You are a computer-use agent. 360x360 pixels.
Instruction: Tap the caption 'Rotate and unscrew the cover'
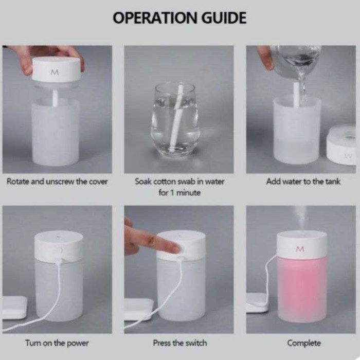pyautogui.click(x=57, y=182)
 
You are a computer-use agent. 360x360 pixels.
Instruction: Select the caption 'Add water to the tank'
pyautogui.click(x=303, y=182)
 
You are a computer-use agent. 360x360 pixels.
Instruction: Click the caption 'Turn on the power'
pyautogui.click(x=57, y=343)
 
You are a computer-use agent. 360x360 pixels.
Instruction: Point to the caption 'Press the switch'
pyautogui.click(x=180, y=343)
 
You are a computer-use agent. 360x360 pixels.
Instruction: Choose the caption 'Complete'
pyautogui.click(x=304, y=343)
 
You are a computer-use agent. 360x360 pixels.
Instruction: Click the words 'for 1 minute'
pyautogui.click(x=179, y=192)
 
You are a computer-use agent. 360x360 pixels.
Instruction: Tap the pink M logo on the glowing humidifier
pyautogui.click(x=300, y=249)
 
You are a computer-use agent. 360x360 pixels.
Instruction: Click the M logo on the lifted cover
pyautogui.click(x=55, y=73)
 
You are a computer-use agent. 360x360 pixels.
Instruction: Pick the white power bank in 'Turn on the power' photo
pyautogui.click(x=14, y=307)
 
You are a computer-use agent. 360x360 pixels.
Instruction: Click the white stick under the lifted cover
pyautogui.click(x=56, y=98)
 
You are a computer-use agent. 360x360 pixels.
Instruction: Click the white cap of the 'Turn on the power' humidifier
pyautogui.click(x=59, y=246)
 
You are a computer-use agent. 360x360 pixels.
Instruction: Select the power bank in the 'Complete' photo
pyautogui.click(x=257, y=302)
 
